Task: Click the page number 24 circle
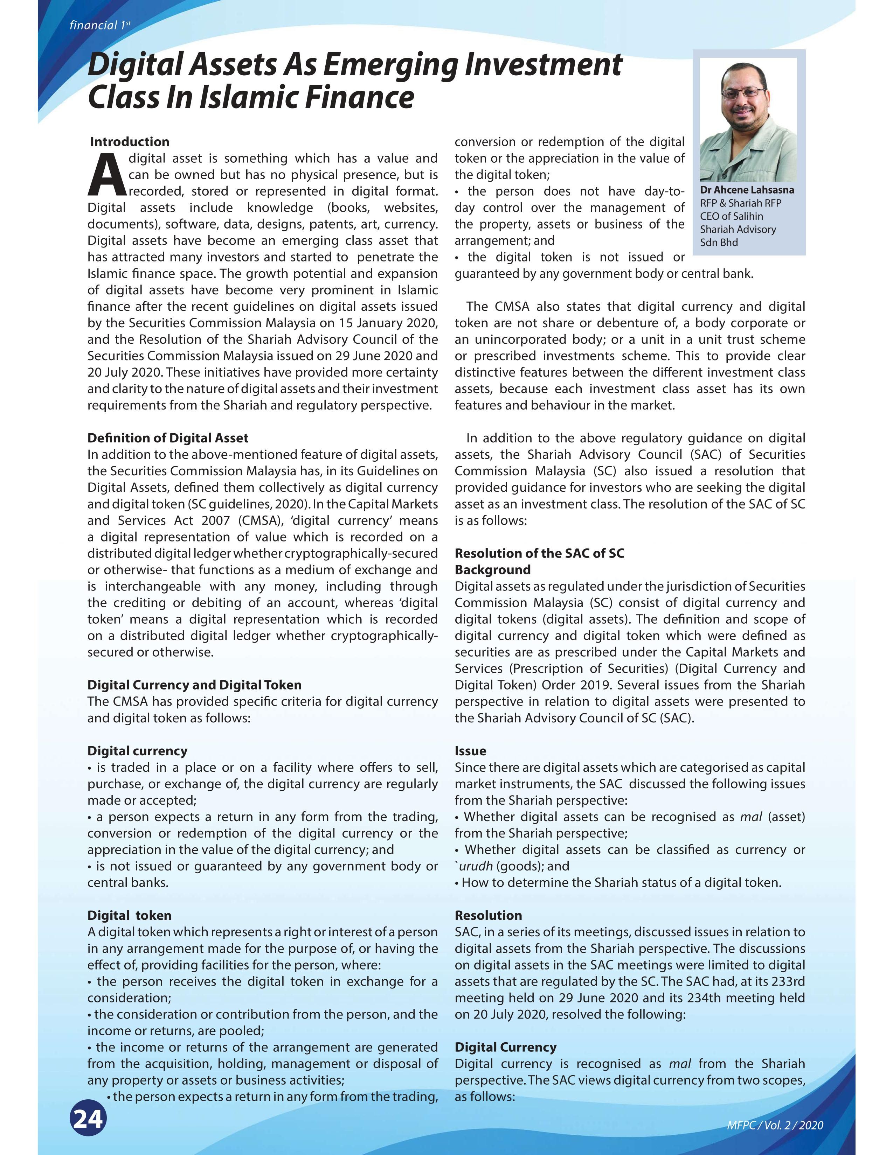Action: (88, 1119)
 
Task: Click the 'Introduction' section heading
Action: (130, 142)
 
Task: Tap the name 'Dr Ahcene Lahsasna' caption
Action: (747, 190)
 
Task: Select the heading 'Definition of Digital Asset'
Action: (168, 438)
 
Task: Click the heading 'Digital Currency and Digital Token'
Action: (194, 685)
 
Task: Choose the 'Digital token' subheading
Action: (129, 916)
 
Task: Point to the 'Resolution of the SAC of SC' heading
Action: (539, 553)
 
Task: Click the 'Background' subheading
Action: (492, 569)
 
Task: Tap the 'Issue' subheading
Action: (470, 751)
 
